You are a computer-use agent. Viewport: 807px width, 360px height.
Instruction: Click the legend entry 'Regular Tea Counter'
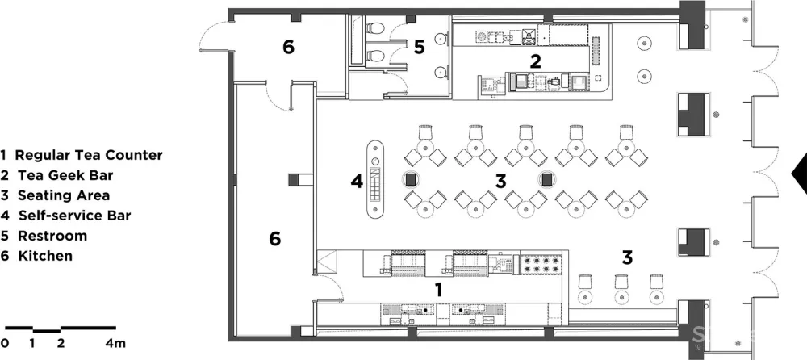[x=89, y=155]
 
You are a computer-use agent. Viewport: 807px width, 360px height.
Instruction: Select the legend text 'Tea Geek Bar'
[x=65, y=175]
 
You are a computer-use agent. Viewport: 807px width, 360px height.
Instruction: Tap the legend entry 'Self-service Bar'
[x=74, y=216]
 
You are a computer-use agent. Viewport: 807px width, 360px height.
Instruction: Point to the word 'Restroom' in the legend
[x=52, y=236]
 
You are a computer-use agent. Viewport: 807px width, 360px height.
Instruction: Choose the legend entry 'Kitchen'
[x=45, y=255]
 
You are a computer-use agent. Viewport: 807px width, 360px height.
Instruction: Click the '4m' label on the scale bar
[x=115, y=343]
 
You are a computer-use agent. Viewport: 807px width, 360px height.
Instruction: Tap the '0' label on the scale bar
[x=5, y=343]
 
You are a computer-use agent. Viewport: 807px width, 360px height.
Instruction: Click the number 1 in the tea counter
[x=438, y=291]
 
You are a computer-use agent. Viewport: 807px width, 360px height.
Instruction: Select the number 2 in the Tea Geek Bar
[x=535, y=62]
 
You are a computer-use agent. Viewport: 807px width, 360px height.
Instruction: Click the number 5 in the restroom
[x=420, y=48]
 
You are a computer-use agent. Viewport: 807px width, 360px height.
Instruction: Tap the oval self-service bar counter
[x=375, y=180]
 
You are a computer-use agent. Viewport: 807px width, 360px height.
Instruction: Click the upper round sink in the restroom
[x=441, y=38]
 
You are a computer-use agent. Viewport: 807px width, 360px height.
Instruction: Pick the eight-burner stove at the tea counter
[x=541, y=264]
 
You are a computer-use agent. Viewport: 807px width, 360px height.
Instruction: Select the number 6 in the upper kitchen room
[x=288, y=48]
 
